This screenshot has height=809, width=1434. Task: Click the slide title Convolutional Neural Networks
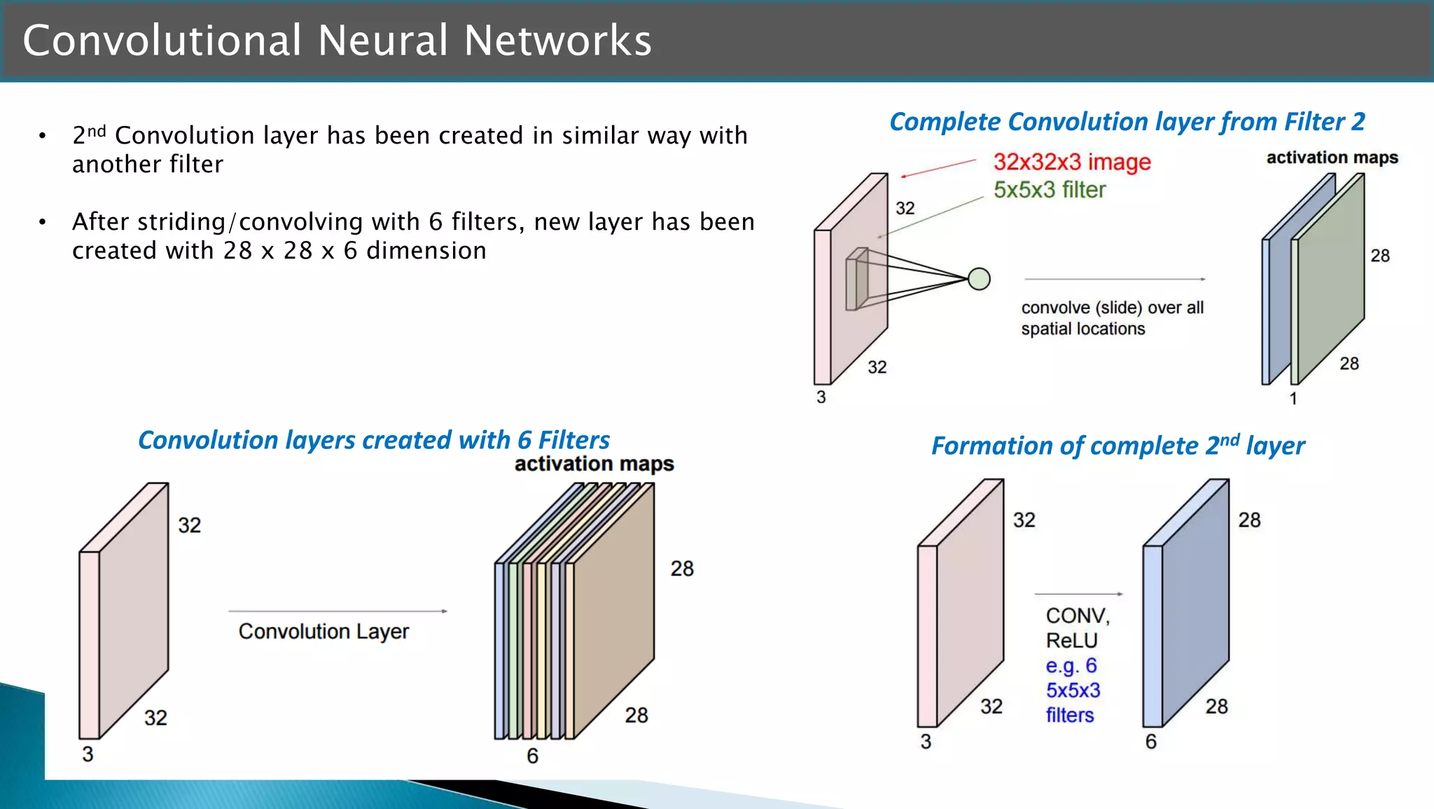[x=337, y=40]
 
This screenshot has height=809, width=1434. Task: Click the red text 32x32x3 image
[x=1071, y=162]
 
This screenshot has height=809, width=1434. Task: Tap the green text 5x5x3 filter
[x=1049, y=190]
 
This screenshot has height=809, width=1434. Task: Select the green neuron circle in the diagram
[x=979, y=279]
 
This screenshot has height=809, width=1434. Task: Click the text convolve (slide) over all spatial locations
[x=1111, y=318]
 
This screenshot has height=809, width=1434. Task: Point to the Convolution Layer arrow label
[x=323, y=631]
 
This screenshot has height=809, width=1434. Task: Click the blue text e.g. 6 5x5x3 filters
[x=1072, y=690]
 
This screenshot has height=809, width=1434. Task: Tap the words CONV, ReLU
[x=1076, y=628]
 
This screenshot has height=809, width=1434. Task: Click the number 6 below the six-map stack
[x=532, y=756]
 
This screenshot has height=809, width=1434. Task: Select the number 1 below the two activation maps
[x=1293, y=399]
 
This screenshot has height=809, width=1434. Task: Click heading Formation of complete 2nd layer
[x=1118, y=445]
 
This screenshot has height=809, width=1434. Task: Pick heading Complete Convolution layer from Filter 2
[x=1127, y=122]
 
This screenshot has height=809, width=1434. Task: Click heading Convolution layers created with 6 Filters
[x=373, y=440]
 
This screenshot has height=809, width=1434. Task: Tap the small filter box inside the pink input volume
[x=857, y=280]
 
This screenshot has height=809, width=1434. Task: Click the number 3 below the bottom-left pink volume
[x=88, y=754]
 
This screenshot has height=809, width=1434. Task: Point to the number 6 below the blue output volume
[x=1150, y=742]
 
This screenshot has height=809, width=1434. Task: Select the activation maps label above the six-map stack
[x=594, y=464]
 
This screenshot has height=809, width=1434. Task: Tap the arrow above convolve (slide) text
[x=1114, y=279]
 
